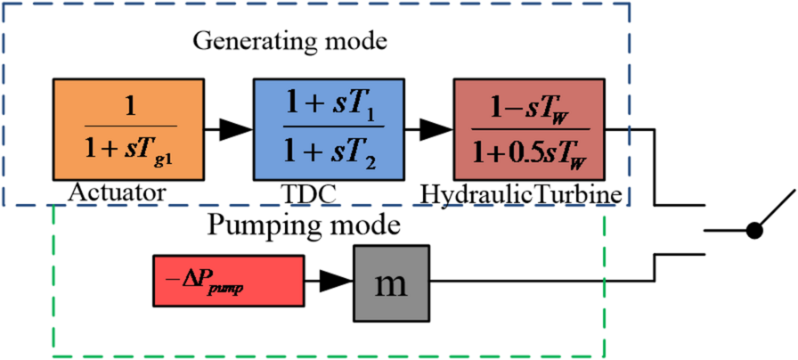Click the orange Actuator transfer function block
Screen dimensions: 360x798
pyautogui.click(x=129, y=128)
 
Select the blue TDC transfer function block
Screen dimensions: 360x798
pyautogui.click(x=330, y=128)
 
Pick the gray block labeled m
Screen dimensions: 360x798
pyautogui.click(x=392, y=282)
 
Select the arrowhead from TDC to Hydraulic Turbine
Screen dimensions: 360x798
pyautogui.click(x=436, y=130)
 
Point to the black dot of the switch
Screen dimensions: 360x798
pyautogui.click(x=754, y=232)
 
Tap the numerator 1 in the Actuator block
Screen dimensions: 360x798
pyautogui.click(x=129, y=105)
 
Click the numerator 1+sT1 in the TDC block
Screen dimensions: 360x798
pyautogui.click(x=330, y=105)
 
